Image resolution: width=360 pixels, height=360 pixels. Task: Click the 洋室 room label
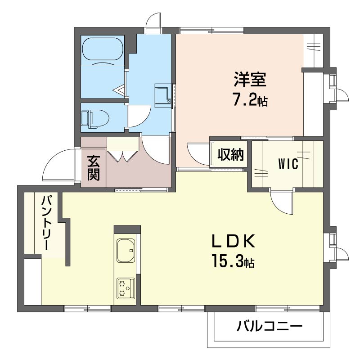250,80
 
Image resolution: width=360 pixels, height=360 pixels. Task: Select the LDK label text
233,241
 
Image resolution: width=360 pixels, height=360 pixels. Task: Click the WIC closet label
288,164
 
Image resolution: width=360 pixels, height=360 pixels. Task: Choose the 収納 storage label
230,154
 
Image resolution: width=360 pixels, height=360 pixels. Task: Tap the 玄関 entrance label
94,168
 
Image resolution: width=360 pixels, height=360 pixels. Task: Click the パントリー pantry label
45,222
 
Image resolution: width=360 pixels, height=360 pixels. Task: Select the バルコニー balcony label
270,326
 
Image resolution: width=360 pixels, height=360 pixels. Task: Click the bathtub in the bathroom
103,49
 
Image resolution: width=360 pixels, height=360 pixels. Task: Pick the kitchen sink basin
126,250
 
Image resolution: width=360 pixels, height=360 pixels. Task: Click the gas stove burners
126,288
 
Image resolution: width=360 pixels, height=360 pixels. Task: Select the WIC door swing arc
281,202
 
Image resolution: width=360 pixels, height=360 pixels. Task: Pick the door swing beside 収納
198,154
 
